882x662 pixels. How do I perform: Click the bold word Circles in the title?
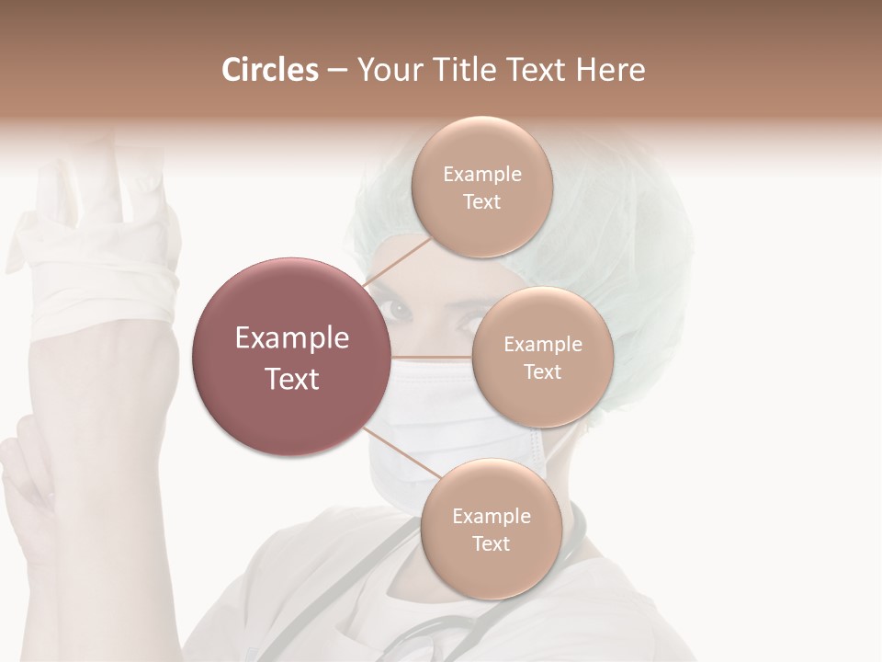coord(269,70)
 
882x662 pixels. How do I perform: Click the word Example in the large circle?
coord(292,338)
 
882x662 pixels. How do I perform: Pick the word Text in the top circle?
coord(481,202)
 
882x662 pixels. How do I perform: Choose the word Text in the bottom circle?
coord(491,543)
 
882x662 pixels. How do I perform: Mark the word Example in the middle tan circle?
coord(542,345)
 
